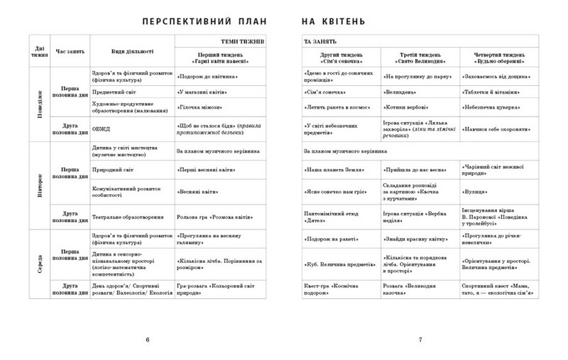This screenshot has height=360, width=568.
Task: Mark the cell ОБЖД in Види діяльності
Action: (99, 129)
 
